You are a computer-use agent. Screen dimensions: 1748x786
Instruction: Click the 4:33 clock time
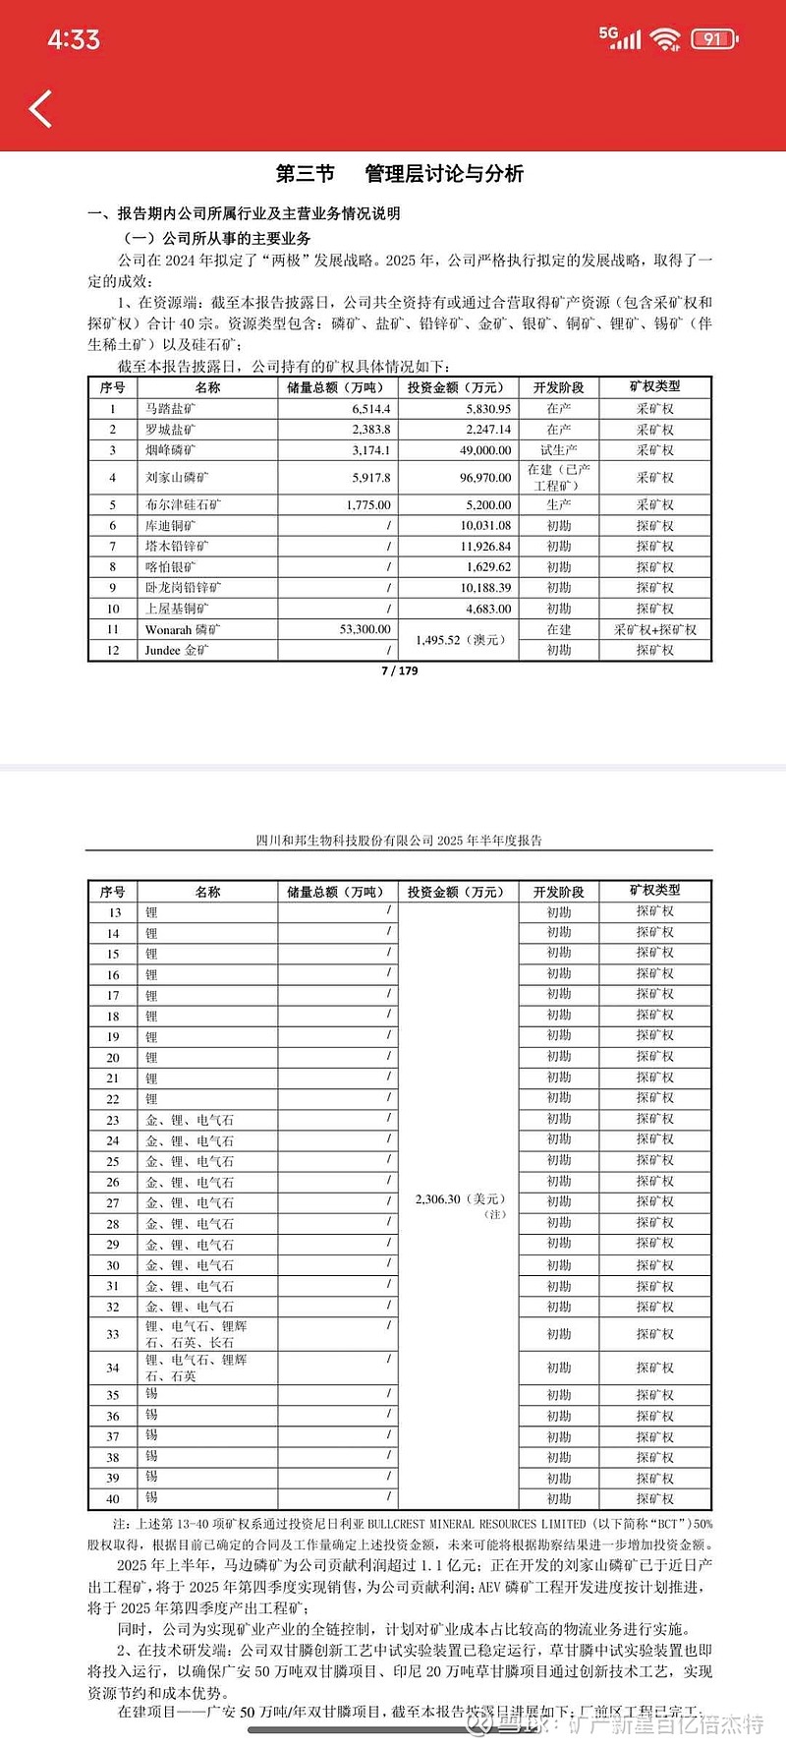[74, 39]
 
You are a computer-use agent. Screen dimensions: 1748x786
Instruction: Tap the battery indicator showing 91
[713, 39]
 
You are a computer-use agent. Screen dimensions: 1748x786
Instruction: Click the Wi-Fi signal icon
[665, 39]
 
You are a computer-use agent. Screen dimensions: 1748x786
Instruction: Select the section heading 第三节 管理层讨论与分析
[399, 174]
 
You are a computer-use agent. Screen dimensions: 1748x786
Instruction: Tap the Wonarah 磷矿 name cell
[183, 629]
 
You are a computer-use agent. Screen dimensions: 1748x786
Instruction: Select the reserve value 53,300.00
[365, 629]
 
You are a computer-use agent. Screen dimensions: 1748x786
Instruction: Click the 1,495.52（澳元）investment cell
[460, 640]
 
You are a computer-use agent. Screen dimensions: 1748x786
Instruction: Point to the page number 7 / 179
[399, 670]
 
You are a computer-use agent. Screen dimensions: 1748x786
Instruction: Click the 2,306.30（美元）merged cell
[460, 1200]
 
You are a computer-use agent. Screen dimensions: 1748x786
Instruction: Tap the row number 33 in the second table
[113, 1334]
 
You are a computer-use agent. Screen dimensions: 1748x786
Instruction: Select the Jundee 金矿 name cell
[177, 650]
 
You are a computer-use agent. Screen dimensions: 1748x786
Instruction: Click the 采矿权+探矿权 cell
[654, 629]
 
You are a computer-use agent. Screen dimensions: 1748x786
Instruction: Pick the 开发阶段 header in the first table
[558, 387]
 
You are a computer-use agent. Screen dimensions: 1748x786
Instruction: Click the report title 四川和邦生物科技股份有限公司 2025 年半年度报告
[399, 841]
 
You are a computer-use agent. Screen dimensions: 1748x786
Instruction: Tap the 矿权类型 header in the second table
[654, 891]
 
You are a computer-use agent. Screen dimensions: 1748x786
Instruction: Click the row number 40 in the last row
[113, 1499]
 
